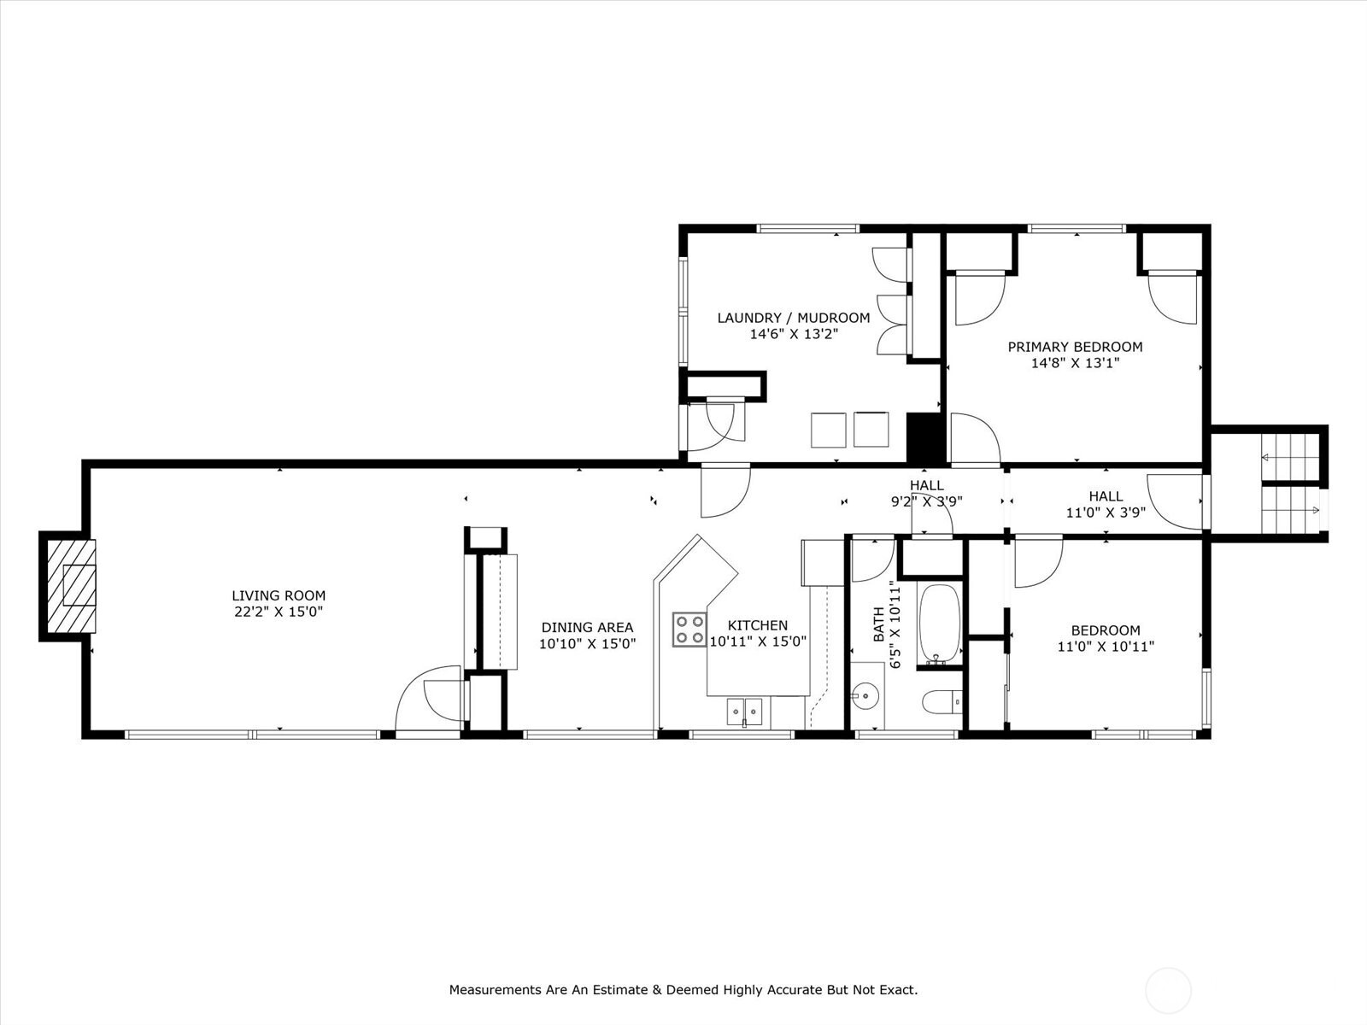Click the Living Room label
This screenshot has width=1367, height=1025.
279,595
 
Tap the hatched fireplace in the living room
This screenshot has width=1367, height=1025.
72,586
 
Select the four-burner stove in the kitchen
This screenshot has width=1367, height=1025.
689,630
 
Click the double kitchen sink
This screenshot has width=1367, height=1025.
744,712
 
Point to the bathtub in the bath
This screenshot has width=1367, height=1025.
940,624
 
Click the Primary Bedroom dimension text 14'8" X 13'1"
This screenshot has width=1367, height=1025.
1075,363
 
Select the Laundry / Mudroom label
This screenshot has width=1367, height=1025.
794,318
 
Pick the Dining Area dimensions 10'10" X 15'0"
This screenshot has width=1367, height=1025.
587,643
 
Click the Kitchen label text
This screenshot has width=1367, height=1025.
757,625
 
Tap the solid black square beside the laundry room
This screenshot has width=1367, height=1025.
925,437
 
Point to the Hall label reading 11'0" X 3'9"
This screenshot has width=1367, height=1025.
1106,512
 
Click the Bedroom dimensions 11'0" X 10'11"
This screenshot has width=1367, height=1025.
1106,647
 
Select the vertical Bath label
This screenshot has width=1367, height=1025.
879,624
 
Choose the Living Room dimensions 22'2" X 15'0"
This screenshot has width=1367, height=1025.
279,612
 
